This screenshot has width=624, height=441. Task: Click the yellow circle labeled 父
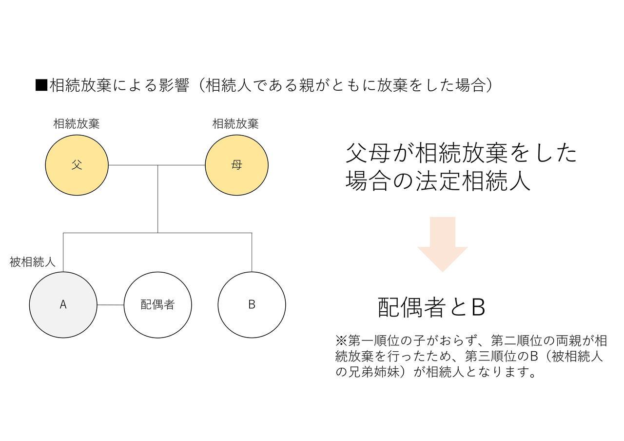[x=77, y=165]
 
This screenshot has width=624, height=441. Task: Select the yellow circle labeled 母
[x=236, y=165]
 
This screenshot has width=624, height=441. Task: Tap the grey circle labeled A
[x=63, y=305]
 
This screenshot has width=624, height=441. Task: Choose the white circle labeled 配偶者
[x=157, y=305]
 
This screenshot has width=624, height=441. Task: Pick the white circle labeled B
[x=252, y=305]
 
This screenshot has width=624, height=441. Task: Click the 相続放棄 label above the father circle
[x=77, y=124]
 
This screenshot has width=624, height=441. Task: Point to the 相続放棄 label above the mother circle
[x=235, y=124]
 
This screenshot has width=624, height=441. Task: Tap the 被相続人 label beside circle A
[x=32, y=262]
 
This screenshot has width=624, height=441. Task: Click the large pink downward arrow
[x=442, y=244]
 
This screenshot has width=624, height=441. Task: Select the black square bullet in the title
[x=41, y=85]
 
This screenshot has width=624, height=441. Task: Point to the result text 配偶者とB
[x=432, y=307]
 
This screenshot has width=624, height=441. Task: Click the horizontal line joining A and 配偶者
[x=111, y=305]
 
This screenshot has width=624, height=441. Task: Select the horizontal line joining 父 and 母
[x=157, y=165]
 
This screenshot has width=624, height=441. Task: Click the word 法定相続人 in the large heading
[x=473, y=181]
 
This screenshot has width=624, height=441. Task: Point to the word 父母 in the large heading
[x=368, y=153]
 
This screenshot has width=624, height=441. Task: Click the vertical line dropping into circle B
[x=252, y=252]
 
